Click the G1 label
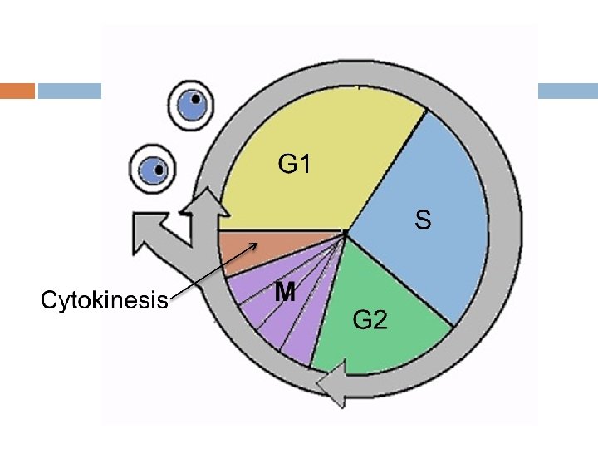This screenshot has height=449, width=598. pos(295,165)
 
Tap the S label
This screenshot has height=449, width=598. pos(424,220)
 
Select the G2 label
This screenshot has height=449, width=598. pos(370,318)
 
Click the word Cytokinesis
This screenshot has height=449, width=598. pos(105,300)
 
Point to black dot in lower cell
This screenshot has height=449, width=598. pos(159,165)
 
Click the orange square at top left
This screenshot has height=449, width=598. pos(17,91)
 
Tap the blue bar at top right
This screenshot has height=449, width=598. pos(568,91)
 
